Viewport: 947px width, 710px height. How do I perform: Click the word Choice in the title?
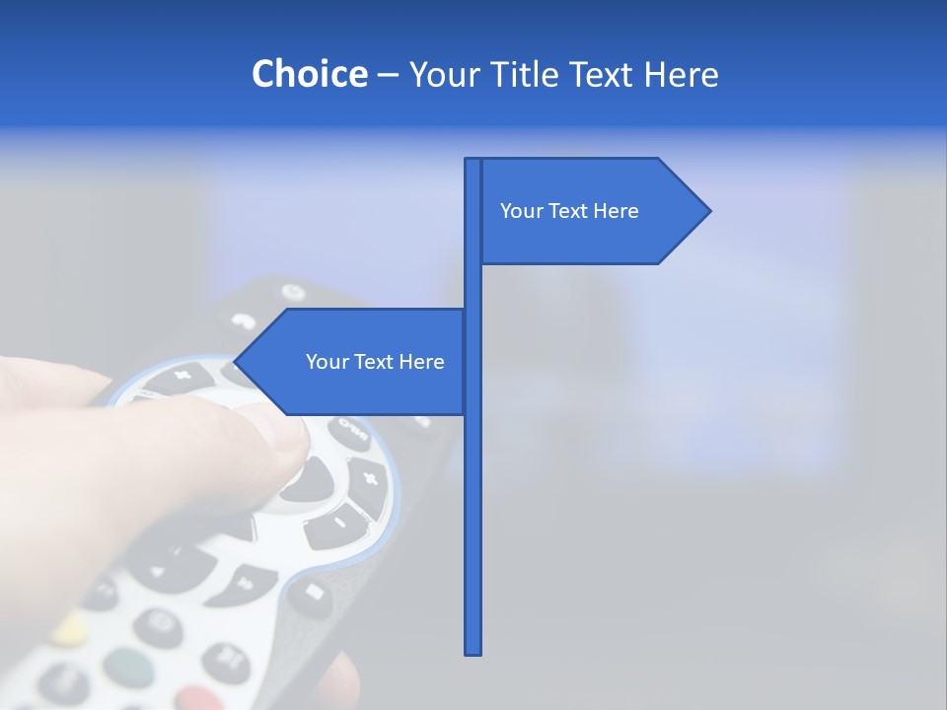309,74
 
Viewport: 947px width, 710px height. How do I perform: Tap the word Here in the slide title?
680,75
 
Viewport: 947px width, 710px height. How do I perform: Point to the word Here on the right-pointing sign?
617,211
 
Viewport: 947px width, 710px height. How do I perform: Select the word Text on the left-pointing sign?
375,362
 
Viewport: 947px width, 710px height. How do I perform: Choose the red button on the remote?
200,699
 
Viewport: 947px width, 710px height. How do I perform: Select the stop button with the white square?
312,592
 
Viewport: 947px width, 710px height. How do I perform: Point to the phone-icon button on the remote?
243,320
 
